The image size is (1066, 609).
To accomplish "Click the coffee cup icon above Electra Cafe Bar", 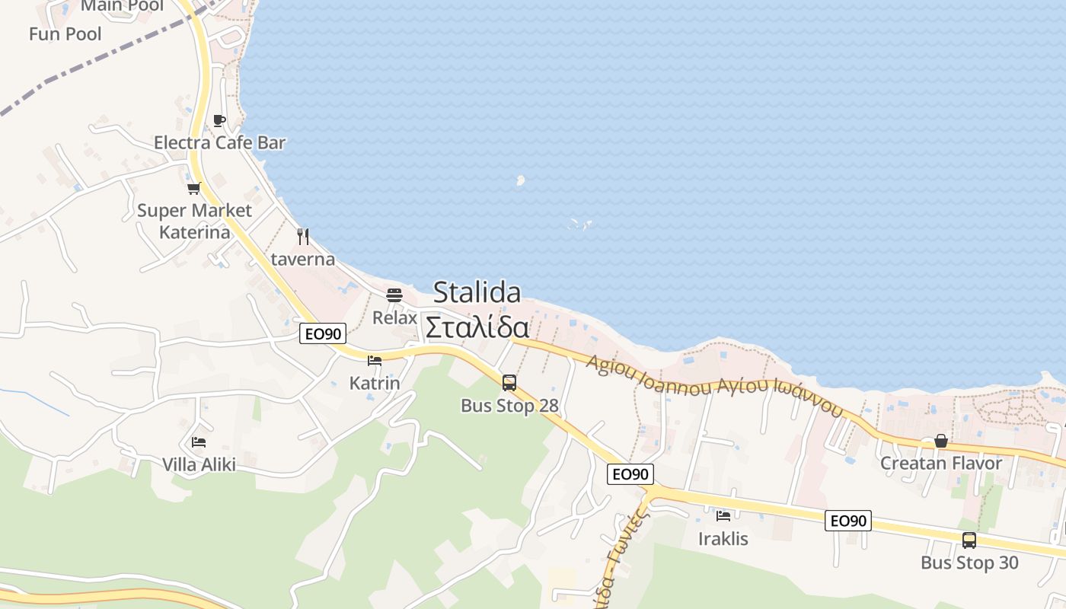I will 219,120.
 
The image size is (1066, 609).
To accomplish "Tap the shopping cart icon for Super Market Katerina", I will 193,188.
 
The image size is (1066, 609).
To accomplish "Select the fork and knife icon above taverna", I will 303,236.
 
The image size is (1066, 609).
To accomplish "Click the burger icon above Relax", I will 394,295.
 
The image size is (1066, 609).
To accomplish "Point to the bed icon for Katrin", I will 374,361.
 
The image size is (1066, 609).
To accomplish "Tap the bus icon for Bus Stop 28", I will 509,382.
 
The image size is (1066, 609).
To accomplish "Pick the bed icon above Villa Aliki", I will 199,442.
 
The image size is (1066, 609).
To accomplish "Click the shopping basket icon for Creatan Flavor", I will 941,441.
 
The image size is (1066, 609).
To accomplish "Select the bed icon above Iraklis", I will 723,516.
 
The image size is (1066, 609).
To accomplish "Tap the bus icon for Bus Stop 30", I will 969,540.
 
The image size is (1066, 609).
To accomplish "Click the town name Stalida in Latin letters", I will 477,292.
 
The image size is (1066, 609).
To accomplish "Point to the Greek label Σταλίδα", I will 477,327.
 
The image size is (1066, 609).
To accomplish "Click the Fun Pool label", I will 65,33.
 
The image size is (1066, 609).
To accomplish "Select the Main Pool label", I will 122,6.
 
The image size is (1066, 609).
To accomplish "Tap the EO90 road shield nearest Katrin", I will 323,333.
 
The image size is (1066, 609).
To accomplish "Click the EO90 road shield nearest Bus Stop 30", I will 848,521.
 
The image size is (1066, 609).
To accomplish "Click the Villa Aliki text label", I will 199,464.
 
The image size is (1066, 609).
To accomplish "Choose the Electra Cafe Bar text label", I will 219,142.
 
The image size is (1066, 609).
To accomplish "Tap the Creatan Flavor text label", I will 941,463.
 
